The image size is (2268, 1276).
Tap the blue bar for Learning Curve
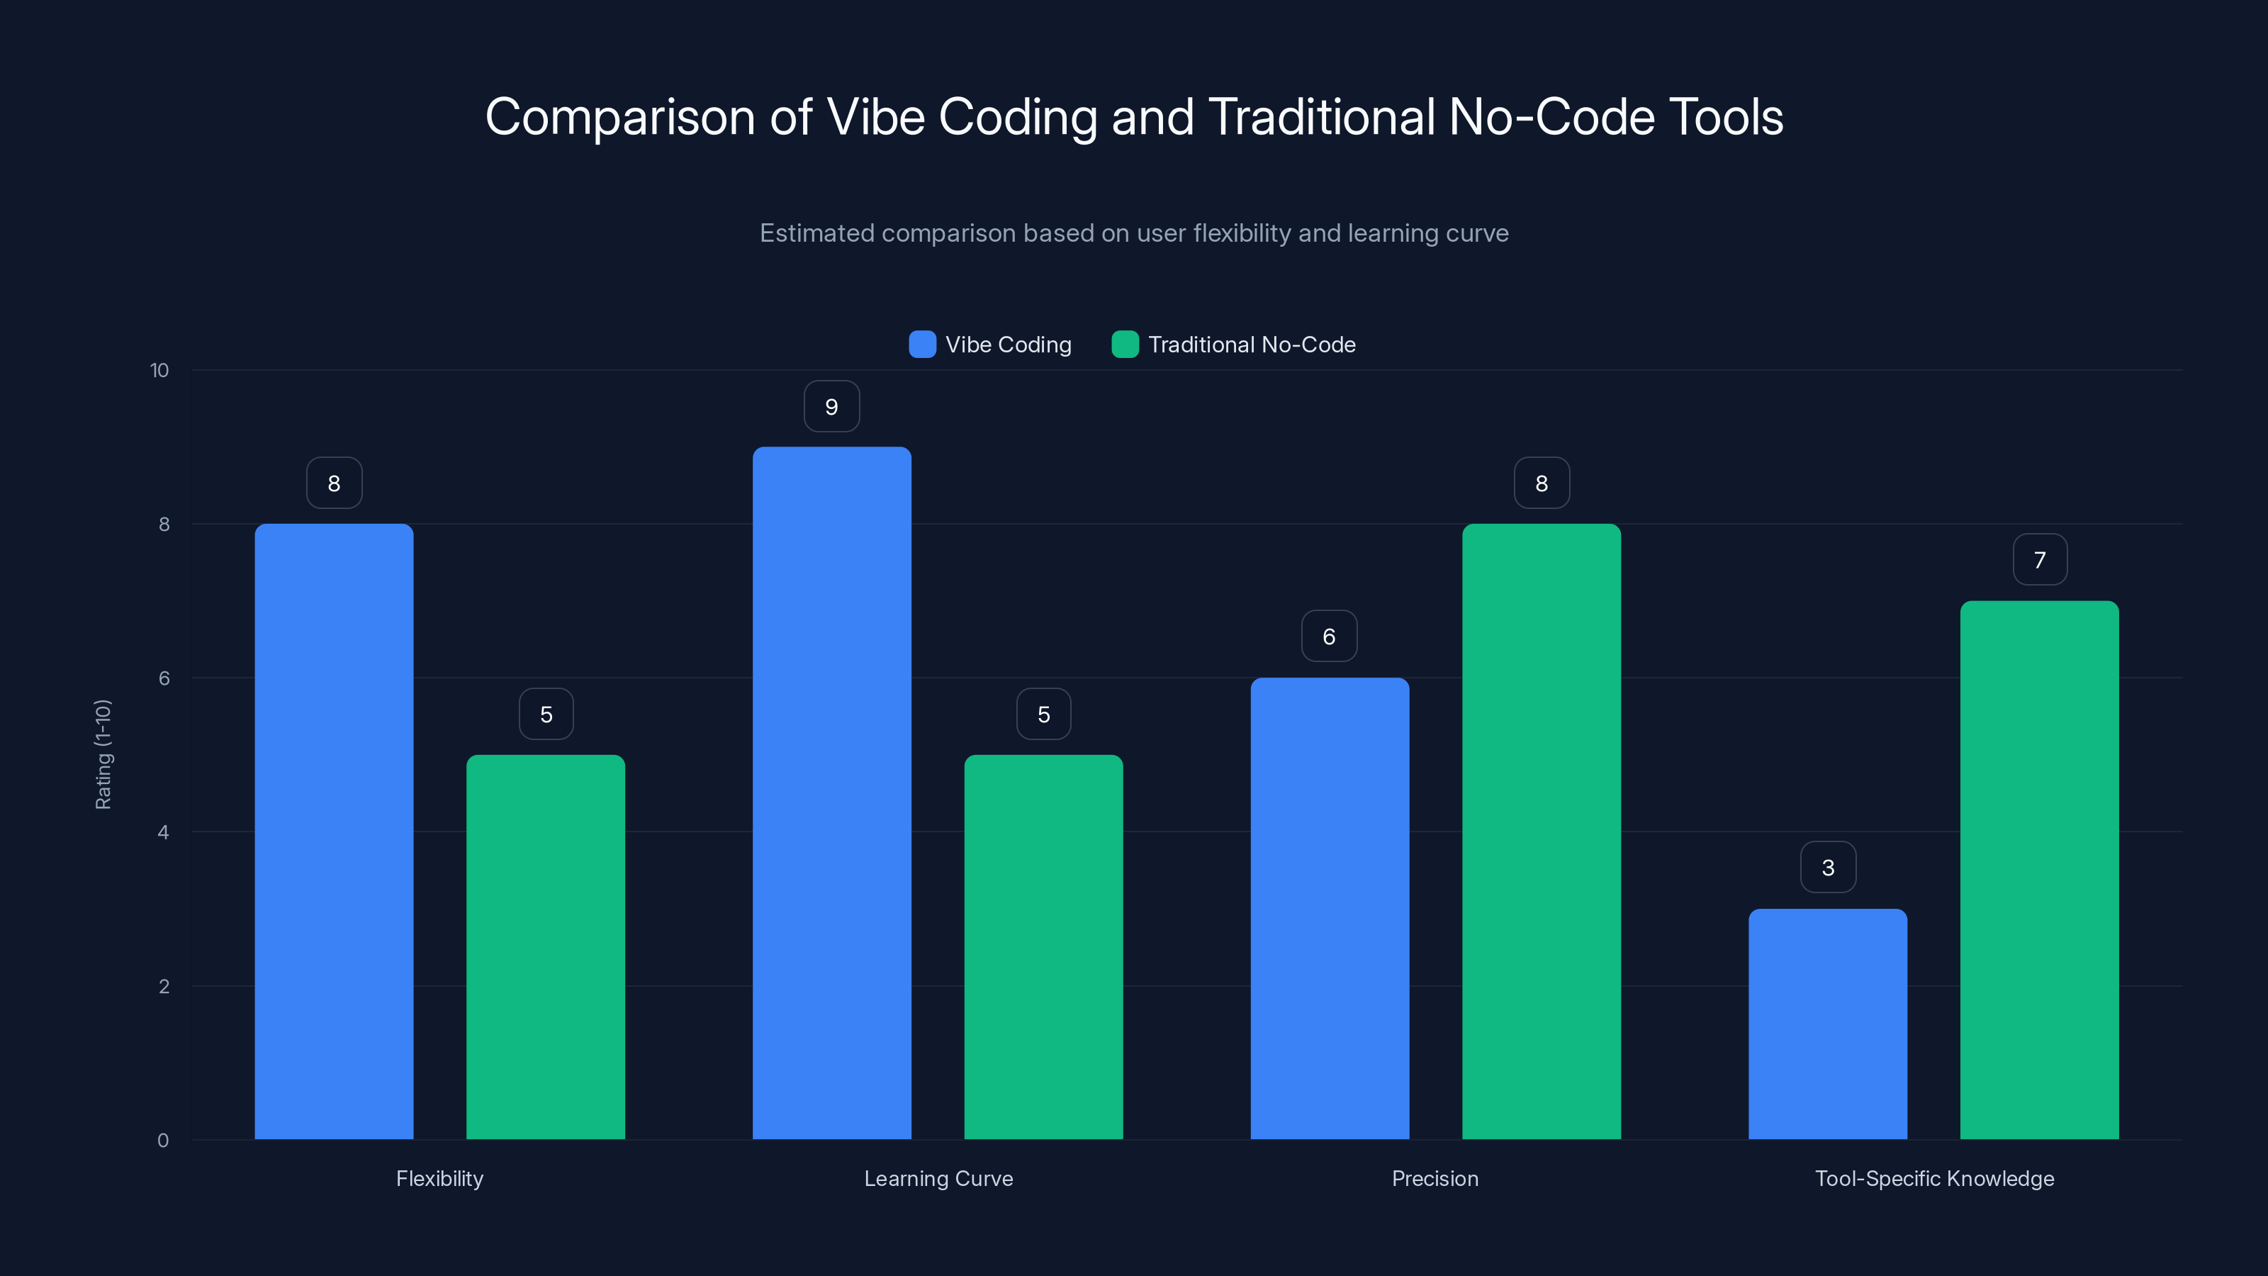click(x=831, y=793)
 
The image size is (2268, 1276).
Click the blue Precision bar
click(x=1330, y=908)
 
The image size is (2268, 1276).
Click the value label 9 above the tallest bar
click(x=831, y=407)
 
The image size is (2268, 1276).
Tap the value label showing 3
click(x=1828, y=868)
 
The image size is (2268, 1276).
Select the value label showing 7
click(x=2039, y=560)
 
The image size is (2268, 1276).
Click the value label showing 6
click(x=1329, y=636)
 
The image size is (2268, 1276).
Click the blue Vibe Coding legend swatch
click(x=922, y=345)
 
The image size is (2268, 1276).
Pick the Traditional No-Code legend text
click(x=1251, y=345)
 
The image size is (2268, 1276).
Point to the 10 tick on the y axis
click(x=159, y=370)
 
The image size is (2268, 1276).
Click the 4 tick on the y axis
click(x=163, y=832)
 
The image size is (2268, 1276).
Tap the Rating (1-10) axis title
click(x=103, y=755)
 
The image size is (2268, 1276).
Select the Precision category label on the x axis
click(x=1435, y=1178)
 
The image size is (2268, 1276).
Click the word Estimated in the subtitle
click(x=816, y=233)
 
